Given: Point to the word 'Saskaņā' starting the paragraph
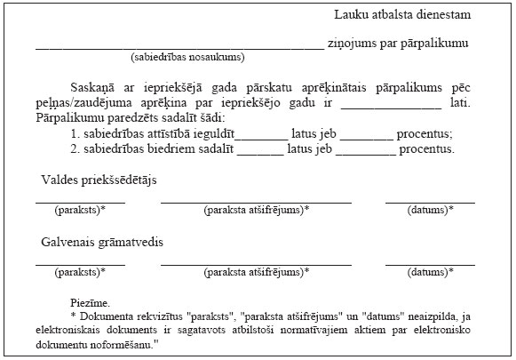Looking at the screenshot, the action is click(x=91, y=90).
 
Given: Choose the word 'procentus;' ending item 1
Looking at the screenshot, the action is click(x=425, y=133).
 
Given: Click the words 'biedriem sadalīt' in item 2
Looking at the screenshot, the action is click(x=191, y=148).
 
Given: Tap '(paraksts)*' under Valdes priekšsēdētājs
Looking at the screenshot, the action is click(x=80, y=211).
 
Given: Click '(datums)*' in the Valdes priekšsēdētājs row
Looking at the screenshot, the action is click(x=430, y=211).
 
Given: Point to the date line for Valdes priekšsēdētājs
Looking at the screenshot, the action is click(x=430, y=203).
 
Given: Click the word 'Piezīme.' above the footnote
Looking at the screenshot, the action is click(x=89, y=303).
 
